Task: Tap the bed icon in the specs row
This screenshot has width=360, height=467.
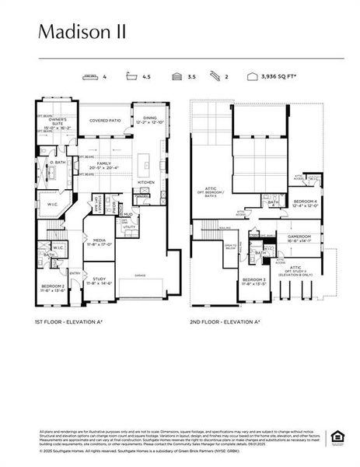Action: click(90, 77)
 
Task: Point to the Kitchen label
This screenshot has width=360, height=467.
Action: click(146, 182)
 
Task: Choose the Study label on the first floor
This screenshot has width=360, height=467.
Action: click(99, 280)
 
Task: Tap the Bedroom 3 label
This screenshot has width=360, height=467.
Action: click(253, 281)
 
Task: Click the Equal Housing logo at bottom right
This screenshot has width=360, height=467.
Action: click(337, 436)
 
